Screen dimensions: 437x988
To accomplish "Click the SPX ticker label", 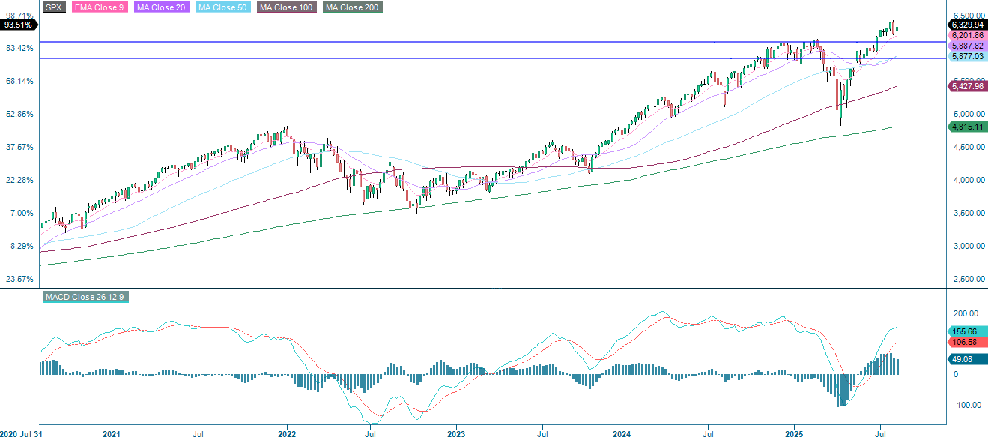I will [x=54, y=7].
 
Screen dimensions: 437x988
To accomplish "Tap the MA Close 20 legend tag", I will [x=161, y=7].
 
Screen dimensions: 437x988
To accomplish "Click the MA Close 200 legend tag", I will [x=352, y=7].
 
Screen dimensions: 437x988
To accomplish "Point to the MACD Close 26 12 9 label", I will [x=85, y=298].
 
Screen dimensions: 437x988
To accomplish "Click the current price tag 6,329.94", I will [x=967, y=25].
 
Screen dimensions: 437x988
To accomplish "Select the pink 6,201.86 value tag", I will [x=967, y=35].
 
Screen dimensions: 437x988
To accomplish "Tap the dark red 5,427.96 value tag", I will [x=967, y=87].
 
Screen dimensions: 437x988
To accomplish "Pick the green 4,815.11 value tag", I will [x=967, y=127].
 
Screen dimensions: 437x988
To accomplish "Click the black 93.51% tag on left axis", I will [x=18, y=25].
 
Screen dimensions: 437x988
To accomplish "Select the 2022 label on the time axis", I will [x=288, y=433].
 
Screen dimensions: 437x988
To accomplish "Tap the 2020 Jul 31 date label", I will [x=21, y=433].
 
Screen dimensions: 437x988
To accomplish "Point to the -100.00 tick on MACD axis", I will [x=966, y=405].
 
